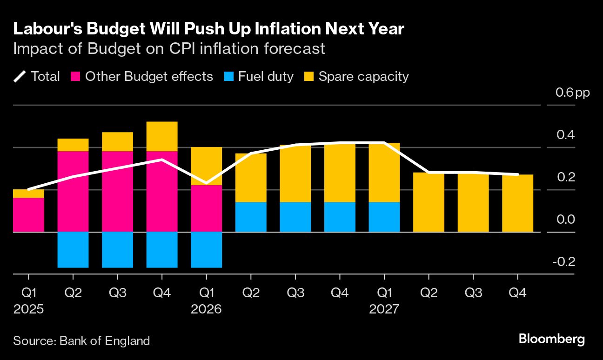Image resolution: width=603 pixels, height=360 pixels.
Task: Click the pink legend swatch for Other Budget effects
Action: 76,77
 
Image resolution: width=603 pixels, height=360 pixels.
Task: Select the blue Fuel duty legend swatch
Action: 229,77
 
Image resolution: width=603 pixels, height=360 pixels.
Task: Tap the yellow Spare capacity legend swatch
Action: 310,77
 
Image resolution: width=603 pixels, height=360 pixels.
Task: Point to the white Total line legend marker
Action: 20,77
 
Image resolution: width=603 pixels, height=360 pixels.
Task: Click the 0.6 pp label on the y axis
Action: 572,93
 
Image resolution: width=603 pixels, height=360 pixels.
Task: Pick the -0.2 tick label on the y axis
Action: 563,262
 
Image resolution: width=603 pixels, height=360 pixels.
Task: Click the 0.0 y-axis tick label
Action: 565,220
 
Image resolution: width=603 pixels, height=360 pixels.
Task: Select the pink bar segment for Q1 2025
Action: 28,214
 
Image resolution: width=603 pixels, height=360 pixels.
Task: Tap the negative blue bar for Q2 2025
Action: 73,249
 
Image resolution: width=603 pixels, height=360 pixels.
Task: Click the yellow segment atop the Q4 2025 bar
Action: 162,136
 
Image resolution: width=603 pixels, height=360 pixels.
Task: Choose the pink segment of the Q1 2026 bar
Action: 206,208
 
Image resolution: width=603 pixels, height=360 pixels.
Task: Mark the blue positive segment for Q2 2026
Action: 251,217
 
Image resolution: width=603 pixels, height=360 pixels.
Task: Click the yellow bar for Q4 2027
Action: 517,203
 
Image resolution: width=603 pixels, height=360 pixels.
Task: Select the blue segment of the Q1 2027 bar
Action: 384,217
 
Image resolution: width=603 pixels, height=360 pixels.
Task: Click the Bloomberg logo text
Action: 551,339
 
